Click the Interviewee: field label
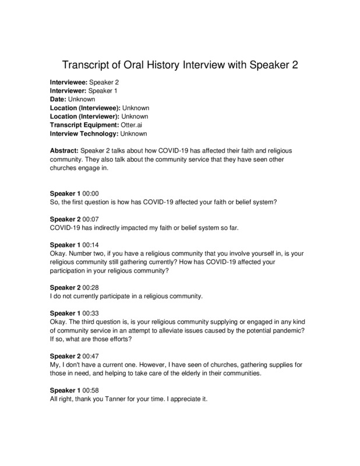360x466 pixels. tap(69, 83)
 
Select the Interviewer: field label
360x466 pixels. tap(68, 91)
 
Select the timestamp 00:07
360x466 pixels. tap(91, 218)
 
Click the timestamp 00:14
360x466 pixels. tap(91, 245)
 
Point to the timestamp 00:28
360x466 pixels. tap(91, 287)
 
